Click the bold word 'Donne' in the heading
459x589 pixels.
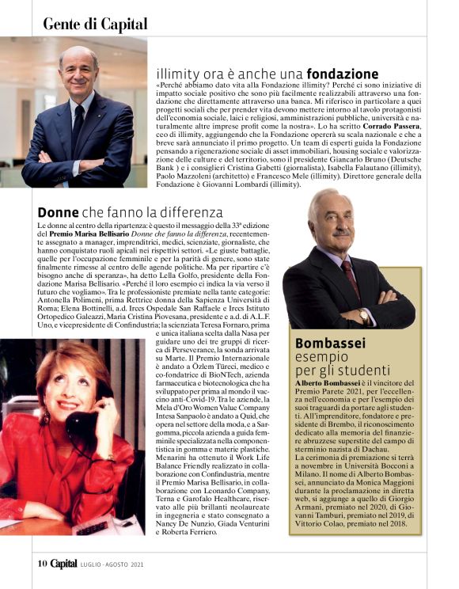(58, 213)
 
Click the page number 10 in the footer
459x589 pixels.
(43, 564)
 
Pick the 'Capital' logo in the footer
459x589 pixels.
(64, 564)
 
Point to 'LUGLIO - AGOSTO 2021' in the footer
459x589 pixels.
(111, 564)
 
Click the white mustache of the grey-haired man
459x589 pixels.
(343, 234)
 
